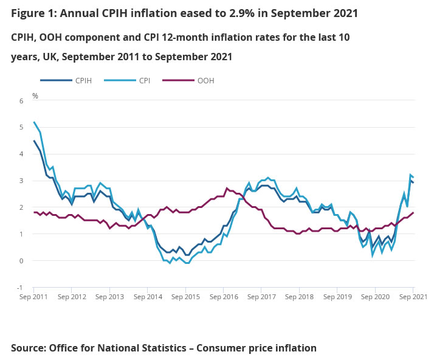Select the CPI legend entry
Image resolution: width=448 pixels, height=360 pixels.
[143, 80]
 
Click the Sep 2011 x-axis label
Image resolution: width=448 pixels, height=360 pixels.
[34, 297]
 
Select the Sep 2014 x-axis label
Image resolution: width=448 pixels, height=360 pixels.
[148, 297]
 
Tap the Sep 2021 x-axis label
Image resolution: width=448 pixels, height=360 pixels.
[412, 297]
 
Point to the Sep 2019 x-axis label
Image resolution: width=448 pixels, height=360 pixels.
[337, 297]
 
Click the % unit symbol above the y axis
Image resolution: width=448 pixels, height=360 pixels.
[35, 96]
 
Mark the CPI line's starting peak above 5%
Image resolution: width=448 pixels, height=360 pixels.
[34, 122]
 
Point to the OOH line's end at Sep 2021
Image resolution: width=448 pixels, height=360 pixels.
[413, 213]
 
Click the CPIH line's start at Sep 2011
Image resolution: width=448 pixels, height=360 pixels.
[34, 141]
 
